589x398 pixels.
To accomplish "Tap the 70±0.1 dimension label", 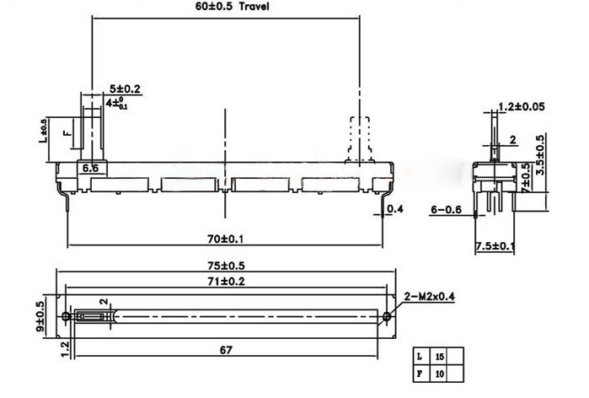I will point(224,239).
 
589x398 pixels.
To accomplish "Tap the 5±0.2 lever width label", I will point(125,89).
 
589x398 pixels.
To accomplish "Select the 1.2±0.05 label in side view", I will point(521,107).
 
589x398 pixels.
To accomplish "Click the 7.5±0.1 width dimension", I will point(495,245).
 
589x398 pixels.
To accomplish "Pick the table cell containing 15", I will point(439,357).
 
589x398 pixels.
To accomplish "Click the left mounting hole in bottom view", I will point(67,317).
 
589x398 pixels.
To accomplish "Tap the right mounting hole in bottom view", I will point(386,317).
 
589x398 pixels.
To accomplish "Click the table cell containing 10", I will point(439,372).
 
